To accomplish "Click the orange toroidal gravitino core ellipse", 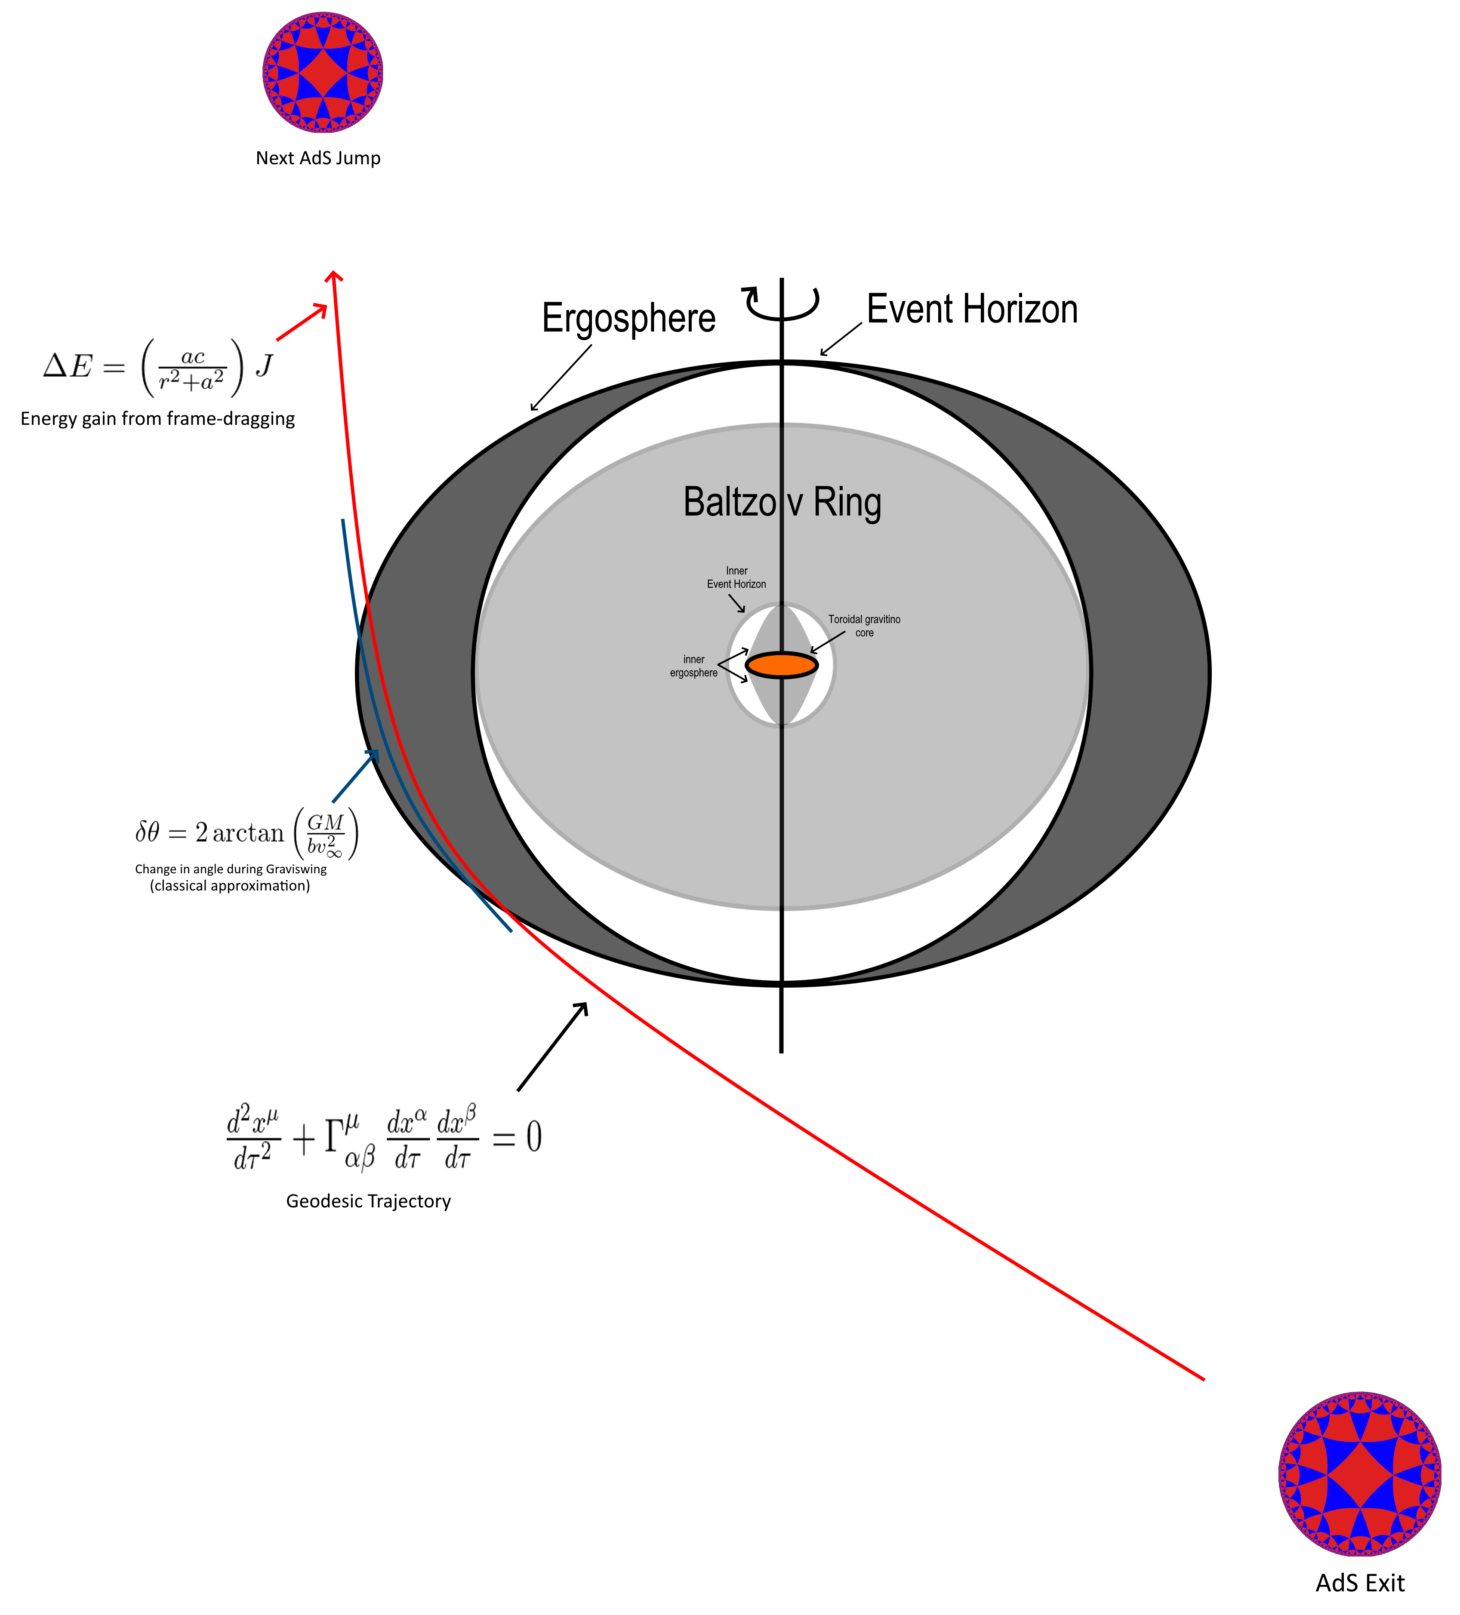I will point(781,665).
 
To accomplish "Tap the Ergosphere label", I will point(628,318).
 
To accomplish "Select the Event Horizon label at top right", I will point(972,309).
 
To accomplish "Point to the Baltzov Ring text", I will point(782,502).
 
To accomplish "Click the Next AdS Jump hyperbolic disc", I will point(322,72).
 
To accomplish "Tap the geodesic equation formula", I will point(385,1138).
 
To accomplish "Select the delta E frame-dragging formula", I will point(159,367).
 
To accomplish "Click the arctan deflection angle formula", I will point(246,833).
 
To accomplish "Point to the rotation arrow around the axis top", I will point(781,302).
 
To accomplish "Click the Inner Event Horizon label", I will point(736,577).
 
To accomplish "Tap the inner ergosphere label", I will point(694,666).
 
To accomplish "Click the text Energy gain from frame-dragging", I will point(158,419).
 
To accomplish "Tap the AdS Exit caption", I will point(1360,1583).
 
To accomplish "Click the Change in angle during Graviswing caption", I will point(231,877).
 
